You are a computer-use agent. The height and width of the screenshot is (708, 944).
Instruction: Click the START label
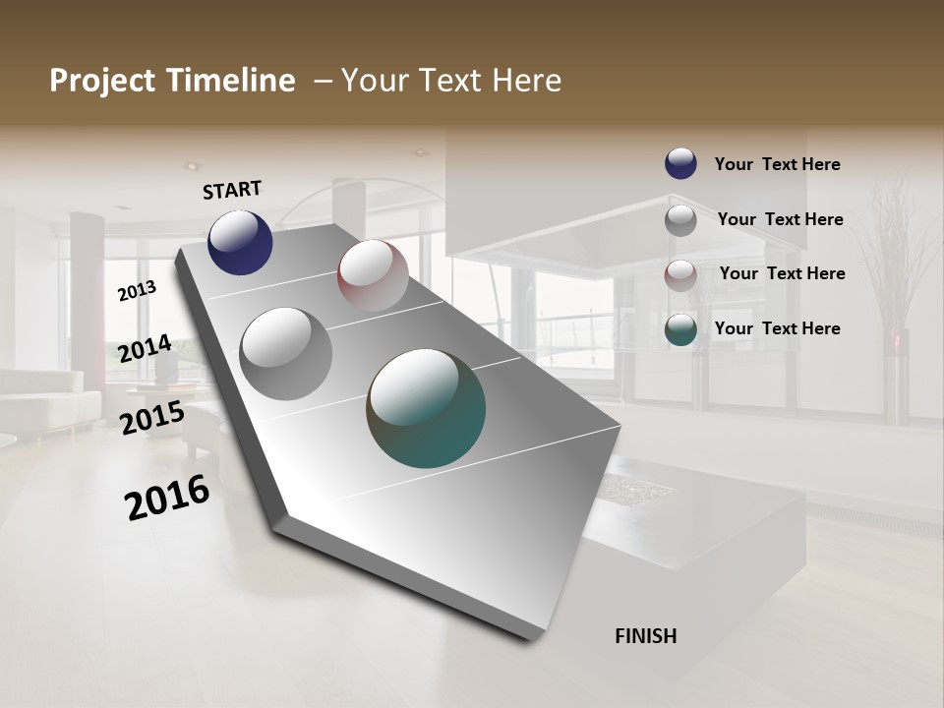point(232,190)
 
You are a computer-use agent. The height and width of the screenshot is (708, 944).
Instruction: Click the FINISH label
point(646,636)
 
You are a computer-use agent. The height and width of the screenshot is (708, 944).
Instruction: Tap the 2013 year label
point(138,290)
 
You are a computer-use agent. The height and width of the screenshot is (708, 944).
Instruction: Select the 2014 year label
point(146,349)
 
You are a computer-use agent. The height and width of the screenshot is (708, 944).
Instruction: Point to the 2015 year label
point(152,418)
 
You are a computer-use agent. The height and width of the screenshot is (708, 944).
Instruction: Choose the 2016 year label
point(167,497)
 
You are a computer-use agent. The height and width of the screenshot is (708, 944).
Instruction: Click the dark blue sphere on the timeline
point(240,242)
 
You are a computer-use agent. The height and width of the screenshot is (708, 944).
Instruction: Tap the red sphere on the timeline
point(373,275)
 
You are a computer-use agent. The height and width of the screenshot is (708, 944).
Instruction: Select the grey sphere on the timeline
point(286,353)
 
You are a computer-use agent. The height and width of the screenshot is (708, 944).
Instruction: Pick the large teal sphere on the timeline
point(426,407)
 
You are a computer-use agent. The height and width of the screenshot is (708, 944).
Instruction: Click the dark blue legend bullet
point(680,163)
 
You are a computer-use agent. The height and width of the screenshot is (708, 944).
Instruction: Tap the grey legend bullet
point(680,220)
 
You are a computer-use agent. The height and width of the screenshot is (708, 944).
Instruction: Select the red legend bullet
point(680,275)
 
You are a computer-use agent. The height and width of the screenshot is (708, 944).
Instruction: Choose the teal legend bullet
point(680,329)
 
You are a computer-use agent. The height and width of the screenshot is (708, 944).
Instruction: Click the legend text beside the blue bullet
point(777,164)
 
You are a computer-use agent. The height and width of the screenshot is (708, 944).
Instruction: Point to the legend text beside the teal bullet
point(777,328)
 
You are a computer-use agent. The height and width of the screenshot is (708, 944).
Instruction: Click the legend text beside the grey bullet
point(780,219)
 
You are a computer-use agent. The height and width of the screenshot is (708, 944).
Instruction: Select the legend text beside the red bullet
point(782,273)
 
